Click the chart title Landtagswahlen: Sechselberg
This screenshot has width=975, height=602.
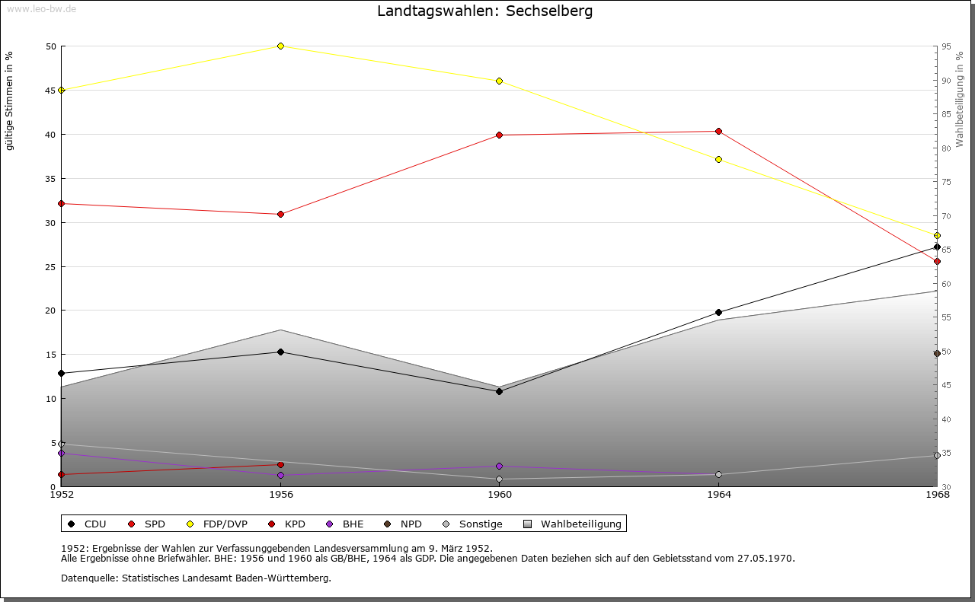pos(484,11)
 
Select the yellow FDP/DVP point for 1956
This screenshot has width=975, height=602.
pos(280,46)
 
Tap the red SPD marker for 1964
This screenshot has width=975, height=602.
pos(718,132)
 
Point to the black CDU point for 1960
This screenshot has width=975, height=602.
pos(500,391)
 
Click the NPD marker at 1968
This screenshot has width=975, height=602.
pos(937,354)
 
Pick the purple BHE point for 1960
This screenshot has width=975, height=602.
pos(500,467)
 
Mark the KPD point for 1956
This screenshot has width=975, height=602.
pos(280,465)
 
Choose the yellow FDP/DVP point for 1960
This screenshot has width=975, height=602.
pos(500,81)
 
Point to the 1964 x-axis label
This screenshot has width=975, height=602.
pos(718,495)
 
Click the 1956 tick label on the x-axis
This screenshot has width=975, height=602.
pos(280,495)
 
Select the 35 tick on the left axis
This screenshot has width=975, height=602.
pos(50,179)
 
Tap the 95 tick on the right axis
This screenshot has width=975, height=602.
pos(947,46)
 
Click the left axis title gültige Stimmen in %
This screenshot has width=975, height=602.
pos(9,101)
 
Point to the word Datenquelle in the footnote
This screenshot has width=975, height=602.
pos(85,578)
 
